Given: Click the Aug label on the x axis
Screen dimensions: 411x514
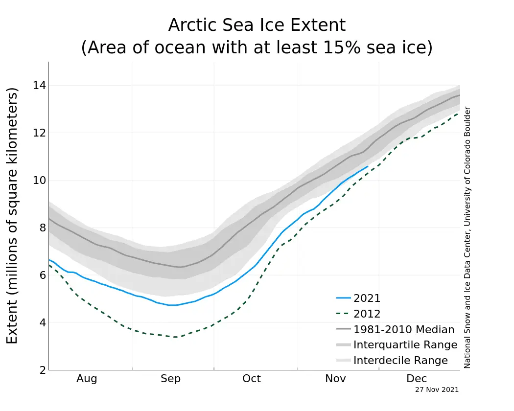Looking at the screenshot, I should (x=87, y=379).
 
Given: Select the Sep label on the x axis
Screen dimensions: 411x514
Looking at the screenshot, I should (x=170, y=379).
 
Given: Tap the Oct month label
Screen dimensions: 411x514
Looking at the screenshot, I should (x=252, y=379).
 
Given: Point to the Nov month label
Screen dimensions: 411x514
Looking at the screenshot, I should (x=335, y=379).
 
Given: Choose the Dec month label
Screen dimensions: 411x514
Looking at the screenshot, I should (x=417, y=379).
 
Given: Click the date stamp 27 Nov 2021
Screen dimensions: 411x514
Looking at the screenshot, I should (x=437, y=390).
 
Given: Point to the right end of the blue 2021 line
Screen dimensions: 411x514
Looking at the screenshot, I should (x=367, y=166).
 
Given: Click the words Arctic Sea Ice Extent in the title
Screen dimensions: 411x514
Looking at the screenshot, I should (x=257, y=25).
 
